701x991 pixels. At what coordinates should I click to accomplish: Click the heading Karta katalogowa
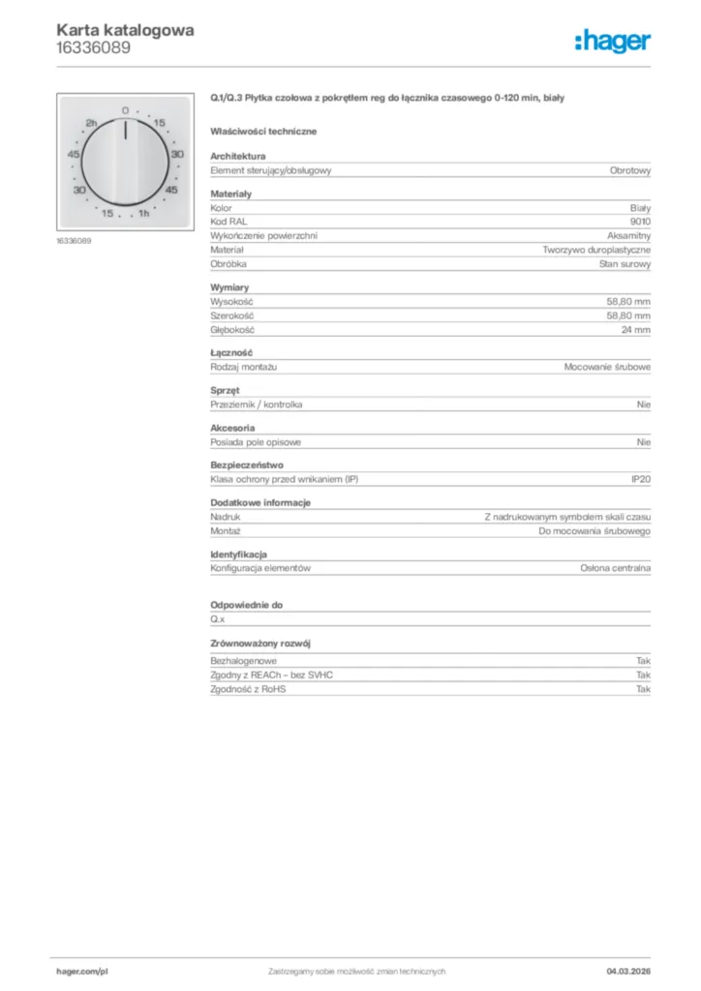pyautogui.click(x=125, y=30)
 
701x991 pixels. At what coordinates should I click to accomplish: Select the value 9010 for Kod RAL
pyautogui.click(x=640, y=222)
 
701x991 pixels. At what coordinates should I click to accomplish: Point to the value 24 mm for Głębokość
pyautogui.click(x=636, y=330)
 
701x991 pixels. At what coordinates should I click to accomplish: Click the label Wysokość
pyautogui.click(x=231, y=302)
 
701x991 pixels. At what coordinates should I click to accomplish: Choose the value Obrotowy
pyautogui.click(x=630, y=170)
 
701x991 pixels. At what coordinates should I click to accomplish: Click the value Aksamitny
pyautogui.click(x=628, y=235)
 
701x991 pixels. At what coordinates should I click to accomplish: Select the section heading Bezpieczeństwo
pyautogui.click(x=247, y=465)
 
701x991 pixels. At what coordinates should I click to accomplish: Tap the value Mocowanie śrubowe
pyautogui.click(x=608, y=368)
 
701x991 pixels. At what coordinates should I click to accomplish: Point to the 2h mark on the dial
pyautogui.click(x=92, y=124)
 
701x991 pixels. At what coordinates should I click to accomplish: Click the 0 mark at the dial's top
pyautogui.click(x=125, y=111)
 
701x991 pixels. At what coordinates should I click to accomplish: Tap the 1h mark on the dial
pyautogui.click(x=143, y=213)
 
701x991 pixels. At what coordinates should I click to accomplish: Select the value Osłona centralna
pyautogui.click(x=616, y=569)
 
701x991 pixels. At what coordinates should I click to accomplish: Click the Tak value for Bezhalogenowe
pyautogui.click(x=643, y=660)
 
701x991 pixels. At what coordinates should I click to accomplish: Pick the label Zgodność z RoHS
pyautogui.click(x=249, y=689)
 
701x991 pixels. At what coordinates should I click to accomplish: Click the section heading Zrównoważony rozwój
pyautogui.click(x=260, y=644)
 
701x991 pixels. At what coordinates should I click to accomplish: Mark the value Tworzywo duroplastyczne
pyautogui.click(x=597, y=250)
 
